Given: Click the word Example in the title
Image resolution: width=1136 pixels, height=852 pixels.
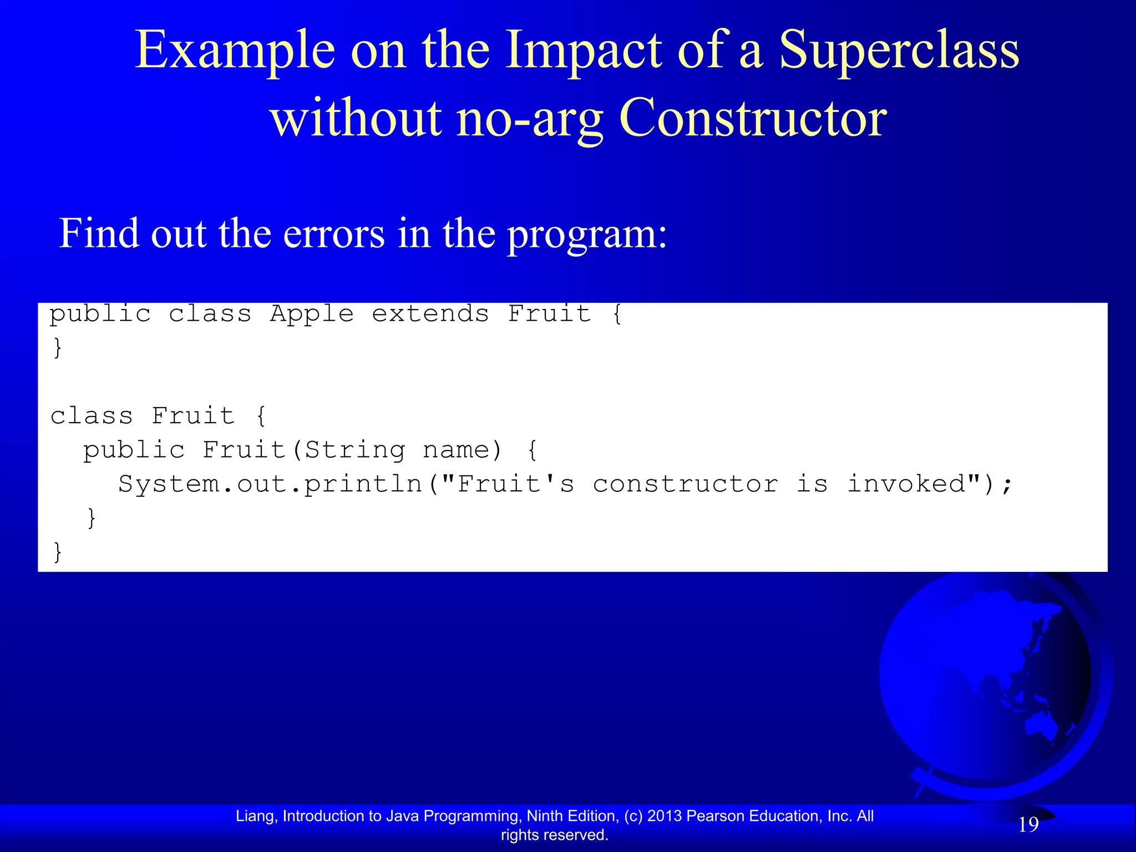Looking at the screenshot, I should pos(235,51).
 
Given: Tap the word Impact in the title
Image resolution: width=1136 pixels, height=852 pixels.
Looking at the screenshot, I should pos(584,51).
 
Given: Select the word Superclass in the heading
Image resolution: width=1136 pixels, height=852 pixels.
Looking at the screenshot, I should pos(899,51).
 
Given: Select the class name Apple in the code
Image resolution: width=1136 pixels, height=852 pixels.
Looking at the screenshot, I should pos(312,314).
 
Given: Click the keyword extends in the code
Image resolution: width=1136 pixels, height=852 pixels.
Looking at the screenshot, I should pos(430,314).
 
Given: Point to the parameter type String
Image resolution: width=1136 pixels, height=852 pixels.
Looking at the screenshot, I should pos(355,450).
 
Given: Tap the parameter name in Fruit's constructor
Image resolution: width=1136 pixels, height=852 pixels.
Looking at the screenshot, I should pos(456,450).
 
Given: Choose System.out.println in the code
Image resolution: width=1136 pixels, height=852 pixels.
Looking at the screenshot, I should pos(270,484).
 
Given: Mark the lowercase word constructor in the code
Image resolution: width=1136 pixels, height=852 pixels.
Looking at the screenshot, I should pos(686,484).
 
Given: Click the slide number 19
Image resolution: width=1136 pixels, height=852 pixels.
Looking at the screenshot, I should pos(1028,825).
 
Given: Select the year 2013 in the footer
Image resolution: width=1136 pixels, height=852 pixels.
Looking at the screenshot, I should pos(665,816).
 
